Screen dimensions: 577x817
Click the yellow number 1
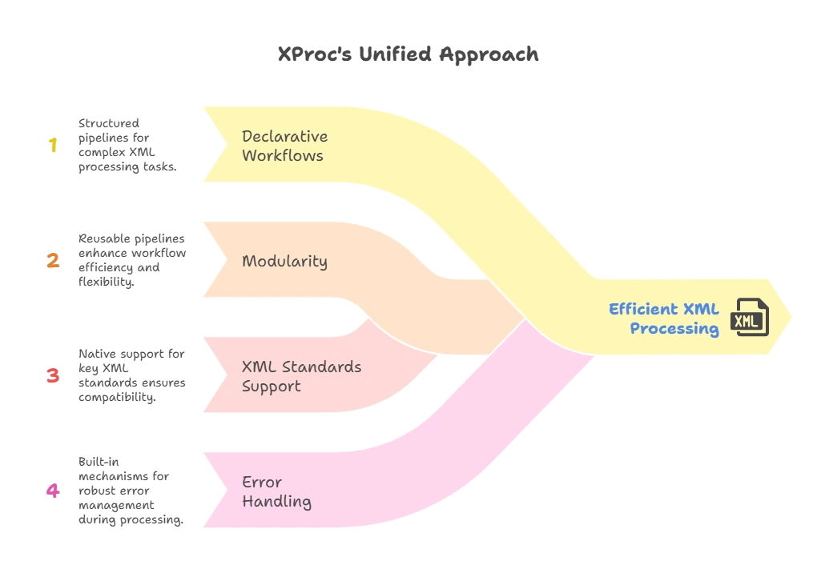click(53, 145)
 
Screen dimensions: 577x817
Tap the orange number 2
click(54, 260)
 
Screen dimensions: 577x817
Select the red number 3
click(54, 375)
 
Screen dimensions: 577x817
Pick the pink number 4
click(54, 491)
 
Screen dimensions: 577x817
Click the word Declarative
click(284, 136)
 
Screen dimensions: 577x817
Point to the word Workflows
click(282, 155)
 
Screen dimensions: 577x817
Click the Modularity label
click(284, 261)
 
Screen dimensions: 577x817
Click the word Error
click(261, 482)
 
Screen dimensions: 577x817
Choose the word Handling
click(276, 502)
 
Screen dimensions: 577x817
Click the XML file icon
click(751, 318)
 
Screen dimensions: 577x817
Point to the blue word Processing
click(674, 328)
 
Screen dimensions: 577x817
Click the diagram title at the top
click(408, 55)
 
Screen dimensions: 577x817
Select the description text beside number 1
click(127, 145)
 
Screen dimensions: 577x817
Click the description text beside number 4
click(130, 491)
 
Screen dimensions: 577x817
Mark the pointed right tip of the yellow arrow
click(792, 317)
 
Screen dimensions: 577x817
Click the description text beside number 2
click(132, 260)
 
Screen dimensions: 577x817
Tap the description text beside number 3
click(131, 375)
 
